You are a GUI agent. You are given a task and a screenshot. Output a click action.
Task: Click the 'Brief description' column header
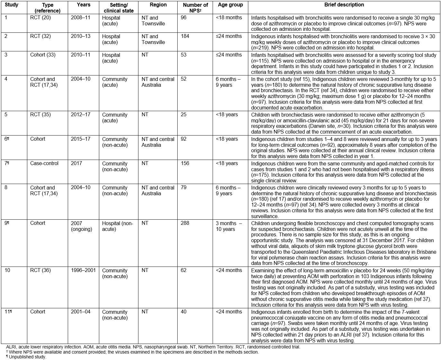(344, 5)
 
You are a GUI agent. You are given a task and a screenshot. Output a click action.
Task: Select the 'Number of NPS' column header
(195, 8)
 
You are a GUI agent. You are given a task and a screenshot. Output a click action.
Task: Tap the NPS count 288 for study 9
(185, 223)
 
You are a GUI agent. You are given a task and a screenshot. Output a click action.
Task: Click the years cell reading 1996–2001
(83, 270)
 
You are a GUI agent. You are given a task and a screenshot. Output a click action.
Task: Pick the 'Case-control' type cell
(44, 163)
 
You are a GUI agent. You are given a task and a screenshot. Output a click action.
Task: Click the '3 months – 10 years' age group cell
(229, 226)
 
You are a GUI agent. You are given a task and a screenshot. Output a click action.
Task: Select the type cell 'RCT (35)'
(40, 115)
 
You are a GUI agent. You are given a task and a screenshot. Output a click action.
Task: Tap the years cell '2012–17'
(81, 115)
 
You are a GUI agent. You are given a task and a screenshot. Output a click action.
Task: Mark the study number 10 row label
(7, 270)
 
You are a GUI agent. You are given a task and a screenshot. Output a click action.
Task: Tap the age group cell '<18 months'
(229, 18)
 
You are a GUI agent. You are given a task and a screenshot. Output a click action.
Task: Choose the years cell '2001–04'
(81, 312)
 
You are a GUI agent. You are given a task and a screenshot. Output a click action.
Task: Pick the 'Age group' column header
(230, 5)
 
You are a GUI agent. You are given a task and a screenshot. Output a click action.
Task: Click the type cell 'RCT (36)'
(40, 270)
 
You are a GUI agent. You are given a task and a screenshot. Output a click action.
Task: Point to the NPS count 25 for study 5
(184, 115)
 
